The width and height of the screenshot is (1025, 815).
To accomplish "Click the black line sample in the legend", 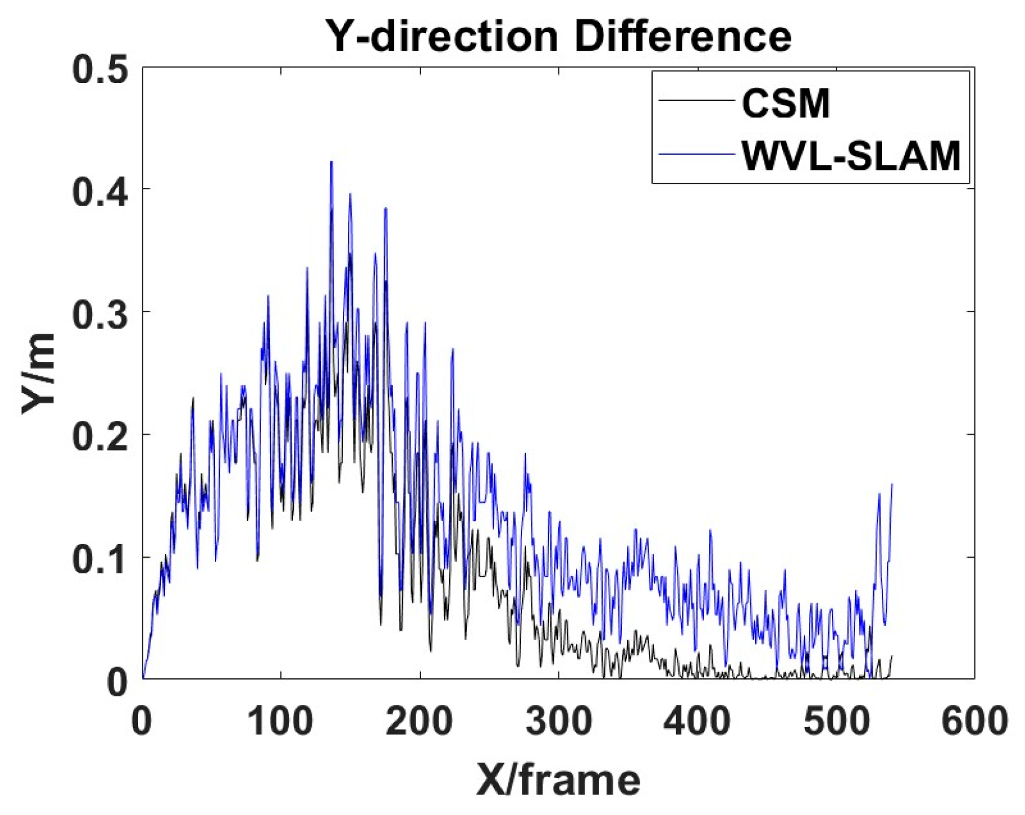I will click(696, 102).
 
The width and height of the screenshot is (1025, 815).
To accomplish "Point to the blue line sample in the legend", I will click(696, 154).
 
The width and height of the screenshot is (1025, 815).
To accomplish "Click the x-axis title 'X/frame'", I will click(558, 780).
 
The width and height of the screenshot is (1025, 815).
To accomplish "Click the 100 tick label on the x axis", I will click(280, 721).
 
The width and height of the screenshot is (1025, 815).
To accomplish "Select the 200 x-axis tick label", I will click(419, 721).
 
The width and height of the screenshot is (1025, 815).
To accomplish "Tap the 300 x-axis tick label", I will click(558, 721).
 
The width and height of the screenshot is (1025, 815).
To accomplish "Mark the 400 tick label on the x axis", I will click(696, 721).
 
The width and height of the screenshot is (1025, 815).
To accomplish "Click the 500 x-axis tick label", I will click(835, 721).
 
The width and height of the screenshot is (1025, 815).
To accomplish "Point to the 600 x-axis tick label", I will click(973, 721).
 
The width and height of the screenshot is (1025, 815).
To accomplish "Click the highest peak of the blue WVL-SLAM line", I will click(331, 162).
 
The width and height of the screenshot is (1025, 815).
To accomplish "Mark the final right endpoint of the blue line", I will click(892, 484).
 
